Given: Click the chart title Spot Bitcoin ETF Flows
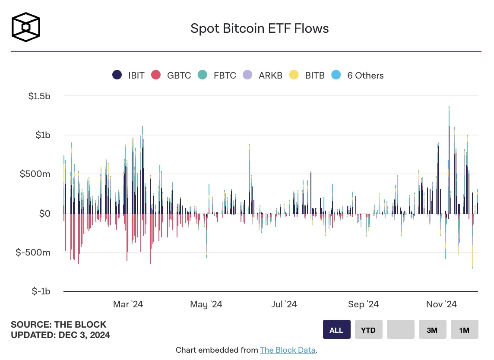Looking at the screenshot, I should pos(260,28).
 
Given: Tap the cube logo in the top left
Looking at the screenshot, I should pos(26,27).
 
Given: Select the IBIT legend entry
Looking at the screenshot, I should pos(128,75).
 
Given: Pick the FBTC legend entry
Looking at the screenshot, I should pos(217,75).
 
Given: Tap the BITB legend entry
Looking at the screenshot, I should pos(308,75).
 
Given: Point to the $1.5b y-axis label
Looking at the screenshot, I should pos(39,96).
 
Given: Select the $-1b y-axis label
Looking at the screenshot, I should pos(41,291).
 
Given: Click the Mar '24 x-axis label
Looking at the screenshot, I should pos(128,304).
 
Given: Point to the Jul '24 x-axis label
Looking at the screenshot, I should pos(284,304).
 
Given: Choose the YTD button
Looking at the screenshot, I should pos(368,330).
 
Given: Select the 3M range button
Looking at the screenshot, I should pos(432,330).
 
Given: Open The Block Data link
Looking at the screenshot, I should pos(288,350).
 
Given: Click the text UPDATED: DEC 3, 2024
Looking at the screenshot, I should pos(60,335).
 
